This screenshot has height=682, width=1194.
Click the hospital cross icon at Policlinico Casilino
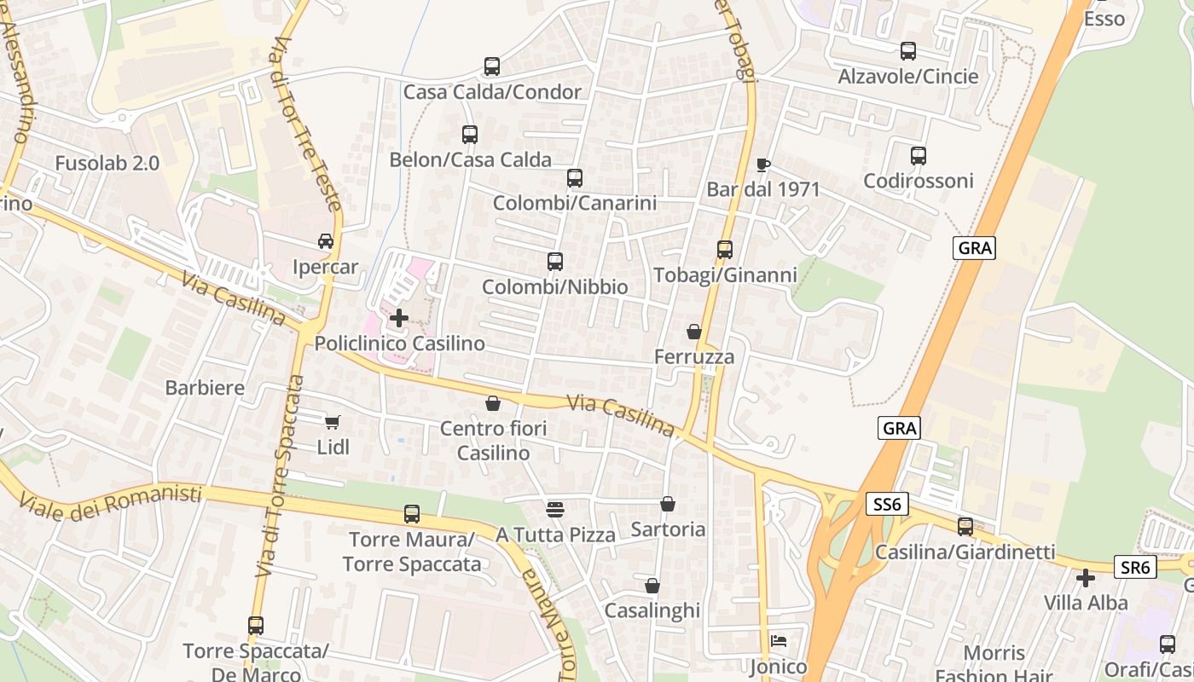[x=398, y=318]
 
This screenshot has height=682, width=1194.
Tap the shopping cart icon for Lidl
[x=333, y=422]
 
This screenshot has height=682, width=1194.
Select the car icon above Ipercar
[x=326, y=241]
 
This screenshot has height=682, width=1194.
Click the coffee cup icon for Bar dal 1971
[x=763, y=165]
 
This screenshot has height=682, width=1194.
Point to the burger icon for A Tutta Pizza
[x=555, y=510]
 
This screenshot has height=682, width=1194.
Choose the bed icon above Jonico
[x=779, y=641]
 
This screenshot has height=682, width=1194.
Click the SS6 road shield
[x=887, y=505]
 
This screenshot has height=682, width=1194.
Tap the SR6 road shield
[x=1135, y=567]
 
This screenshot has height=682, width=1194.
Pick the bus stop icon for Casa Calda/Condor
[x=492, y=66]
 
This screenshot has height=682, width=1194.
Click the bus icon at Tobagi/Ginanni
[x=725, y=250]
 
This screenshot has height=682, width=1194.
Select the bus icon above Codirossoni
[x=919, y=156]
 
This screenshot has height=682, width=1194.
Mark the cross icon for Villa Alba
[x=1086, y=578]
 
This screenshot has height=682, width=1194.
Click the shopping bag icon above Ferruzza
[x=694, y=332]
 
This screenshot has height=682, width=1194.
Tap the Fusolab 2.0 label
[x=107, y=164]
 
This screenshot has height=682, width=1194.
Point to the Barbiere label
[x=205, y=388]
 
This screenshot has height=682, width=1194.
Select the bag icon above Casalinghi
[x=652, y=586]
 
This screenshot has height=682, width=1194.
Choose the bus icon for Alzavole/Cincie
[x=908, y=51]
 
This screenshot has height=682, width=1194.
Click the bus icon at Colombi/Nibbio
[x=555, y=262]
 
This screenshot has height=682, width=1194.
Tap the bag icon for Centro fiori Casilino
[x=493, y=403]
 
